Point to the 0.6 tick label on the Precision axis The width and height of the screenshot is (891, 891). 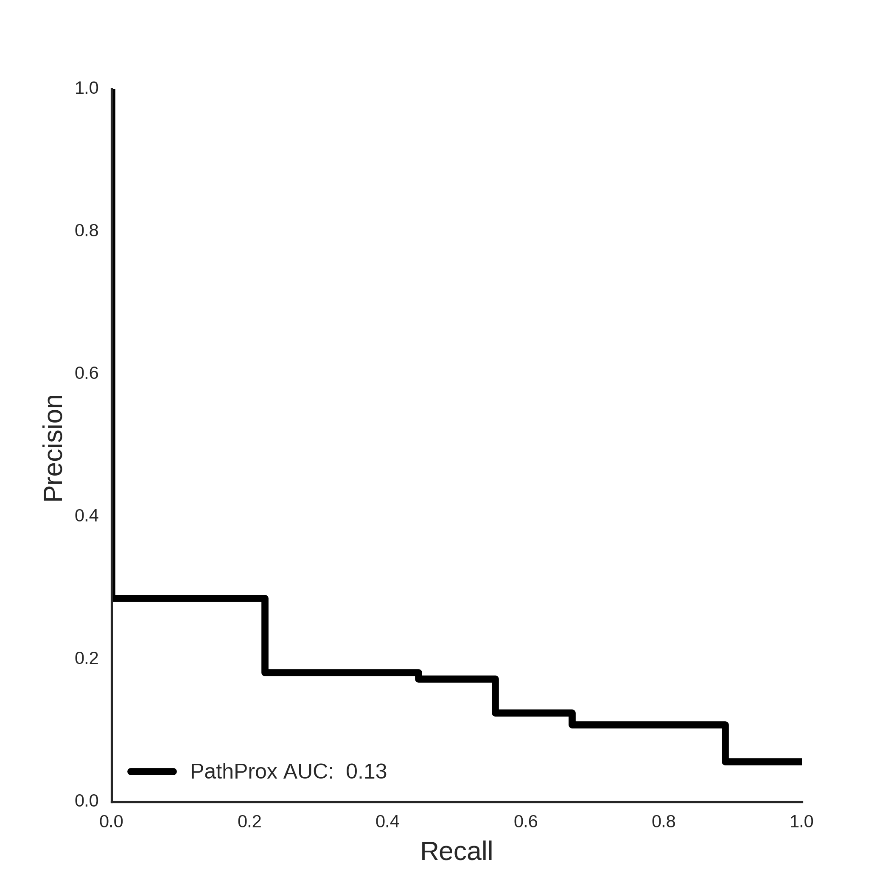tap(87, 373)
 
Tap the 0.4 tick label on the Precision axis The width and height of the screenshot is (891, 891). tap(87, 516)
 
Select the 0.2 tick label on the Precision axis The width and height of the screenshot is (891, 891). tap(87, 658)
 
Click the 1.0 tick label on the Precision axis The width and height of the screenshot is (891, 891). tap(87, 88)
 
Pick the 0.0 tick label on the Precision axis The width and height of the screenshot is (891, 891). tap(87, 801)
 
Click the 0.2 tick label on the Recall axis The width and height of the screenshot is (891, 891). tap(249, 821)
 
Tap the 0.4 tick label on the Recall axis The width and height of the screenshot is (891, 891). tap(387, 821)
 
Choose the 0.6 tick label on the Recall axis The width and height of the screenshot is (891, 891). tap(526, 821)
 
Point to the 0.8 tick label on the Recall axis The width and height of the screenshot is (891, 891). tap(664, 821)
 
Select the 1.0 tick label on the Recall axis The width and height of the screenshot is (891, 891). tap(801, 821)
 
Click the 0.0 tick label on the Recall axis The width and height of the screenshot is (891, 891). tap(111, 821)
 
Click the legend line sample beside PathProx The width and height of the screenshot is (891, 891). tap(152, 771)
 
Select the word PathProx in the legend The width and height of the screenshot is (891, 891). tap(234, 771)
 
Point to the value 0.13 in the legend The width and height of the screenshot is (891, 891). tap(366, 771)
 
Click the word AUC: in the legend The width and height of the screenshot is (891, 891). tap(308, 771)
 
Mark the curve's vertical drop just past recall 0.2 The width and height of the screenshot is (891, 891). tap(265, 636)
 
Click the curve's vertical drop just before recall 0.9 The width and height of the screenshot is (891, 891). tap(726, 743)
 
